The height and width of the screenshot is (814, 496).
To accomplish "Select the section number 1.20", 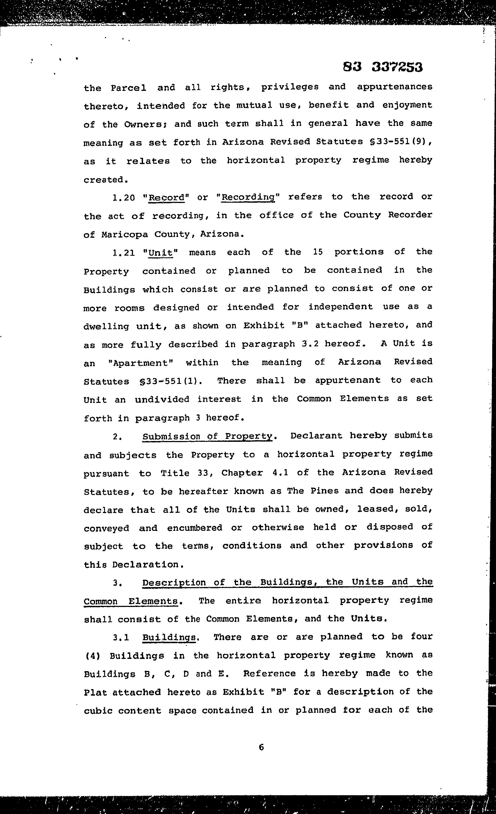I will point(124,198).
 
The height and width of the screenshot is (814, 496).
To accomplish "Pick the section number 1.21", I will point(124,253).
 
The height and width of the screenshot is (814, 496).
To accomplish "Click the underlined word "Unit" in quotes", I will point(161,253).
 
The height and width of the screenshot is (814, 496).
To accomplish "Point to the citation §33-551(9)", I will point(401,142).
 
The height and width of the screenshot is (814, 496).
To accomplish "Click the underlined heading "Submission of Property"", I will point(208,436).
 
